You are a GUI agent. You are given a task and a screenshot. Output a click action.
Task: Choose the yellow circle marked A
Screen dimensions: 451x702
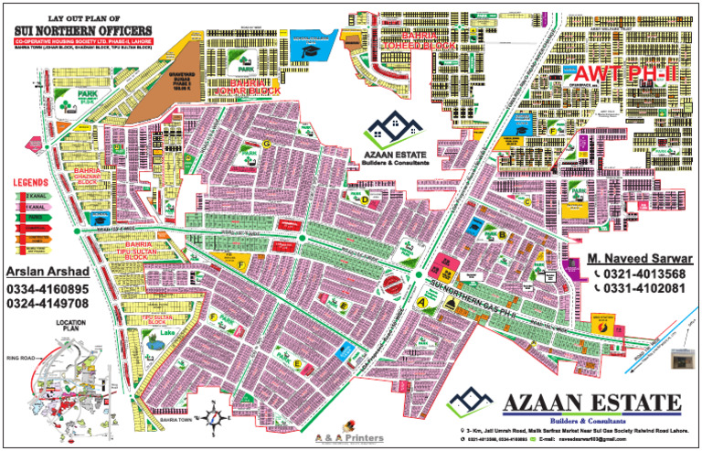coord(421,300)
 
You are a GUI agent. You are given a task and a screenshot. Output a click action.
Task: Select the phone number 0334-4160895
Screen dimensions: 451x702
coord(48,290)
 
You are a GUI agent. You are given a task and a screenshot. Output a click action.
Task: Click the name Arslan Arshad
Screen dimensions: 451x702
coord(47,273)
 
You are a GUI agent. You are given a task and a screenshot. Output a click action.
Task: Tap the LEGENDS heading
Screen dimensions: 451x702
coord(30,185)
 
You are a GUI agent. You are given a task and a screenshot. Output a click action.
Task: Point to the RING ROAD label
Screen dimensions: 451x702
coord(19,357)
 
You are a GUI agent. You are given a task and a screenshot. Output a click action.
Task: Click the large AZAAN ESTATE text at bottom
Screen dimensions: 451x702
coord(590,403)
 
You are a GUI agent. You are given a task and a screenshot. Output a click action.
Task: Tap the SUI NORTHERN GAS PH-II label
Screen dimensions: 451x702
coord(470,303)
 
